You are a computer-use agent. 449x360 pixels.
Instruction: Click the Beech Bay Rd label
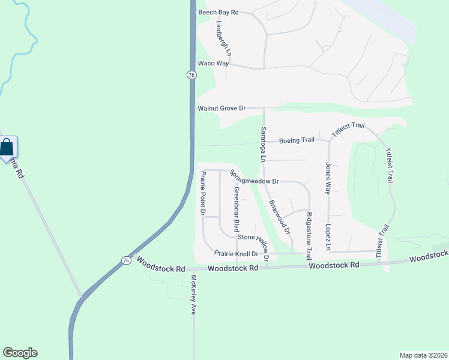(218, 12)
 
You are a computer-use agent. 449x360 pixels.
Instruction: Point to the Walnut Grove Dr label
(222, 108)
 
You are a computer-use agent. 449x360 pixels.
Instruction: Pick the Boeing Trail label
(297, 140)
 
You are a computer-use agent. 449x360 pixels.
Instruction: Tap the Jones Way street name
(328, 178)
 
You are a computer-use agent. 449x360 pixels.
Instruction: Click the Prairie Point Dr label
(203, 193)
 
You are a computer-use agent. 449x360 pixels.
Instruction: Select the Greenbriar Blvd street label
(237, 209)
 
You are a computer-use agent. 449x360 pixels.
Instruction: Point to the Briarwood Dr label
(280, 217)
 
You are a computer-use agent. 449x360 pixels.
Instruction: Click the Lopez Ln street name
(328, 238)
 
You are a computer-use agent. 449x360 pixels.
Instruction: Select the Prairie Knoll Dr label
(237, 253)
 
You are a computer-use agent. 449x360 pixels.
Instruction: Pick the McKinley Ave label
(194, 295)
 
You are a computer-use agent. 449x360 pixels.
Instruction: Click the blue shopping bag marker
(7, 147)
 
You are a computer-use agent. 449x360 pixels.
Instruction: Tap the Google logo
(20, 353)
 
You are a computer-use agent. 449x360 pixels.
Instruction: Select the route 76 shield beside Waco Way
(191, 74)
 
